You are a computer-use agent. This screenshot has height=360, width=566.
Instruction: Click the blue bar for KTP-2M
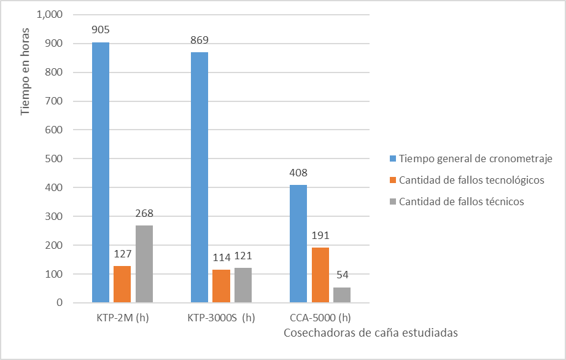click(101, 172)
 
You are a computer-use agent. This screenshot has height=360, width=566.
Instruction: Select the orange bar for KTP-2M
click(122, 284)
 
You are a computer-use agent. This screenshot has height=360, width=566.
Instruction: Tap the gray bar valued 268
click(144, 264)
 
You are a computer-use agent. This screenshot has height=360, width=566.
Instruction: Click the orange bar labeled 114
click(222, 286)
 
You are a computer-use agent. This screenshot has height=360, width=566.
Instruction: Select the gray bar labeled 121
click(243, 285)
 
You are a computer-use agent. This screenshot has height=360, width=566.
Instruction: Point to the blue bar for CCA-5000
click(298, 243)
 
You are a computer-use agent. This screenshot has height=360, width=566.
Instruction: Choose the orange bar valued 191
click(320, 275)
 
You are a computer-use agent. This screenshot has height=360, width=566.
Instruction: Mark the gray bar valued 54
click(342, 295)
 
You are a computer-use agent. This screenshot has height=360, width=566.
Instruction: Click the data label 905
click(101, 29)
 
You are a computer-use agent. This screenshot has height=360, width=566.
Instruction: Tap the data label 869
click(200, 40)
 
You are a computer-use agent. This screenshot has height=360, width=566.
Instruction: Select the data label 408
click(298, 173)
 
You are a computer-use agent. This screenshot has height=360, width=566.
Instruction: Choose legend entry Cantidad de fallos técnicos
click(461, 202)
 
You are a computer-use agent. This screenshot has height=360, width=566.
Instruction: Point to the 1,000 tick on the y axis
click(50, 15)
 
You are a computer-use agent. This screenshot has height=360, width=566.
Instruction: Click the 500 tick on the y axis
click(55, 158)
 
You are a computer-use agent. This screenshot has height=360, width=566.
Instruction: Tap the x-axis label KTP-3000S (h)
click(221, 318)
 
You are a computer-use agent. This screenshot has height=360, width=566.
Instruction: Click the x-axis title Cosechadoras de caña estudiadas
click(371, 332)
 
